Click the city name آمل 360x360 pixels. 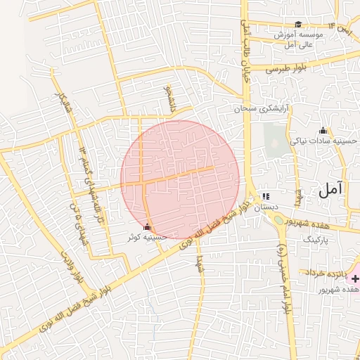click(330, 189)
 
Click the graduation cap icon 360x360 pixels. click(298, 25)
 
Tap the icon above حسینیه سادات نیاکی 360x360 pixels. click(323, 130)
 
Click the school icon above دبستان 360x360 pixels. click(265, 197)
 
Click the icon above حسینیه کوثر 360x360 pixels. click(147, 227)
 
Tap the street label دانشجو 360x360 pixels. click(168, 99)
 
